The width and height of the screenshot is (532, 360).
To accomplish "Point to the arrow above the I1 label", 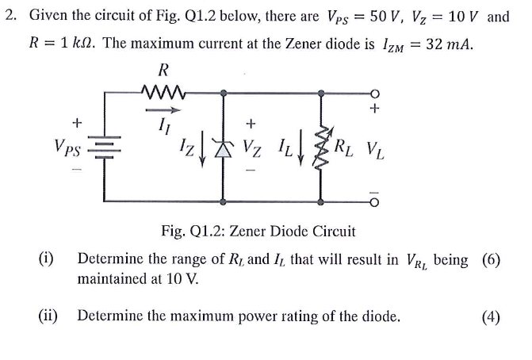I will (x=161, y=110).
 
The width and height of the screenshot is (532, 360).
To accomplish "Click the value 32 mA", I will (x=449, y=44).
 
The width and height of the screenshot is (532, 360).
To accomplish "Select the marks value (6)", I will (x=490, y=259).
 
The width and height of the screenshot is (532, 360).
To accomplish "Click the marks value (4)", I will (x=490, y=317).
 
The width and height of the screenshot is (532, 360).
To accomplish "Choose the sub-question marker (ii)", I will (x=52, y=316).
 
